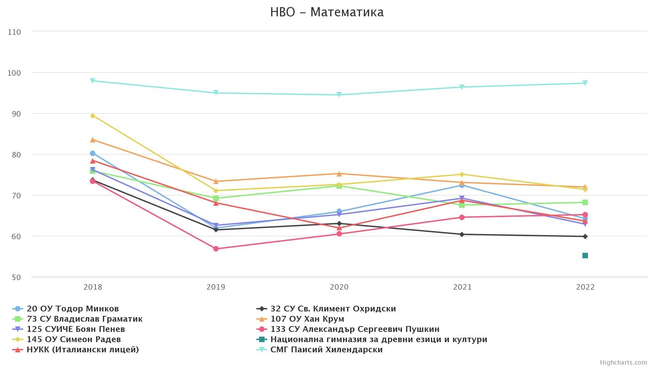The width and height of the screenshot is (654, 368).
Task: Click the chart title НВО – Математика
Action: tap(327, 12)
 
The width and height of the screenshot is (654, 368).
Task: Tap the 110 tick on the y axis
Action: tap(14, 32)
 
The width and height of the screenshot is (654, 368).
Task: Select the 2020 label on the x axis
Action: tap(339, 287)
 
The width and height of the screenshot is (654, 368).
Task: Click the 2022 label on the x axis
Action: tap(585, 287)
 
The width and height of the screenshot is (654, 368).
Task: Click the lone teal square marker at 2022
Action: tap(585, 256)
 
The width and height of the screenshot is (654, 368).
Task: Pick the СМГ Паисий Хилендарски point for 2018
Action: tap(93, 81)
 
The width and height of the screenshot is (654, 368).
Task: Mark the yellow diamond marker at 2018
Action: tap(93, 116)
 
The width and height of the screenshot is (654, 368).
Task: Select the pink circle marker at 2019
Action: tap(216, 249)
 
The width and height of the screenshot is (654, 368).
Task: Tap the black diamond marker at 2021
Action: tap(462, 234)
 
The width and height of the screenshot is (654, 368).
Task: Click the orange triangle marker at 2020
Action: tap(339, 174)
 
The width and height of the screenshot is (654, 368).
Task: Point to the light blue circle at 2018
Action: tap(93, 153)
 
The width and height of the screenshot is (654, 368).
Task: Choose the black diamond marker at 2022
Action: tap(585, 236)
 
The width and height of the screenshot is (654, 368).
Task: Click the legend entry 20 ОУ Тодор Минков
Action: tap(73, 309)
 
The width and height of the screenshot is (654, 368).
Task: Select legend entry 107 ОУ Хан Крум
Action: tap(307, 319)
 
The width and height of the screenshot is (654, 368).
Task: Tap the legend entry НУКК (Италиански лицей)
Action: tap(82, 350)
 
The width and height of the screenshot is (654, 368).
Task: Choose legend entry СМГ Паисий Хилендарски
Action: tap(326, 350)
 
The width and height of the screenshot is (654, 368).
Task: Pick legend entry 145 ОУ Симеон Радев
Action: tap(74, 339)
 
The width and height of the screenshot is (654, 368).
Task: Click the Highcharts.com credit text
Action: tap(623, 363)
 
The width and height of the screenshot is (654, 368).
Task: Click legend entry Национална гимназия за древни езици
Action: tap(378, 339)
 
